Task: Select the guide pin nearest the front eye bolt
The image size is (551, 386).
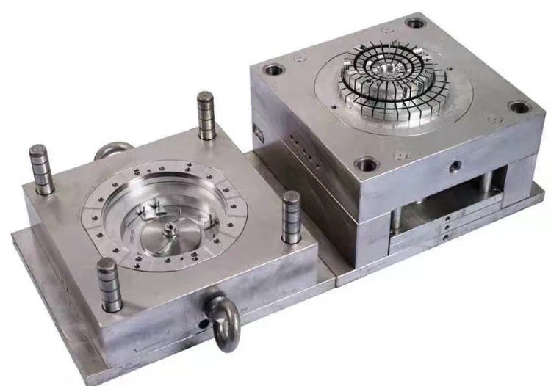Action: click(109, 285)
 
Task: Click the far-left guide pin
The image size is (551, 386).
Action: click(41, 169)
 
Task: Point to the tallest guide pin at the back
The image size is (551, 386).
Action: click(206, 115)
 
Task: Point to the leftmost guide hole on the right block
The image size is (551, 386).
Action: click(273, 71)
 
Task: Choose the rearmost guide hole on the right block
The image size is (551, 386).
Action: click(415, 23)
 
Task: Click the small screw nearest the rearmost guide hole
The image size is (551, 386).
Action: click(387, 31)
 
